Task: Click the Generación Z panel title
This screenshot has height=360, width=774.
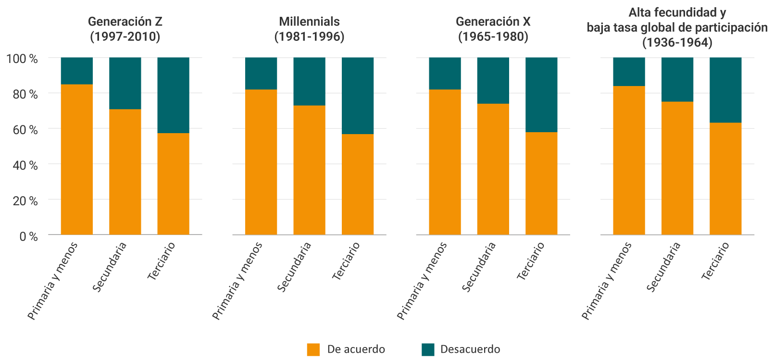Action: point(125,29)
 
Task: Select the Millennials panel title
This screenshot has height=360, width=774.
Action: point(309,29)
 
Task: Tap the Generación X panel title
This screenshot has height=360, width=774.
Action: point(493,29)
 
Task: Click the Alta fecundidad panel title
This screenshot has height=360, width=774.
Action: point(677,27)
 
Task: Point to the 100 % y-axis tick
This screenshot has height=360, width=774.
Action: point(22,59)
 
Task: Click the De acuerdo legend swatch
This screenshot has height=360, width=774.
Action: point(313,349)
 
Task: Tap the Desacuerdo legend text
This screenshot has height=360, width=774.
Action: point(470,349)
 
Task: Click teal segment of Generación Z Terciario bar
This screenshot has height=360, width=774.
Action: point(173,95)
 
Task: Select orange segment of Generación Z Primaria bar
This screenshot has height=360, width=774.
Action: point(77,159)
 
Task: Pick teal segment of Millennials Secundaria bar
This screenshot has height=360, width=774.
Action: point(309,81)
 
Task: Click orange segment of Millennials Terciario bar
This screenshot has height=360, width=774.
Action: point(358,184)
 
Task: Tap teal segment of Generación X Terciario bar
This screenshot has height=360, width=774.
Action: point(541,95)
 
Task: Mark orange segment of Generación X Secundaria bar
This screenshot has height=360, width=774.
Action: point(493,168)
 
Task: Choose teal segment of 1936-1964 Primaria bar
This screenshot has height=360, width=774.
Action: point(629,72)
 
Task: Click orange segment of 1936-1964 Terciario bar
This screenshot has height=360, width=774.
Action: point(725,178)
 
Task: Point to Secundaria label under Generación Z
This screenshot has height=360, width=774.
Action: point(110,267)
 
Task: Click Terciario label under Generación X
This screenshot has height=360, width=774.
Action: point(531,261)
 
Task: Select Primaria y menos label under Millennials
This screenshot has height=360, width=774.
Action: point(237,281)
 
